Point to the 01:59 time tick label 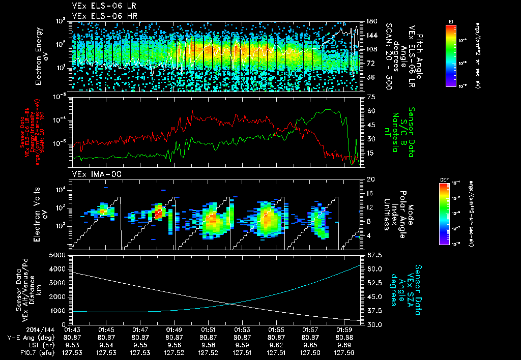coord(344,329)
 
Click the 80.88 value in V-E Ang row coord(344,337)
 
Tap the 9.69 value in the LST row coord(344,345)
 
